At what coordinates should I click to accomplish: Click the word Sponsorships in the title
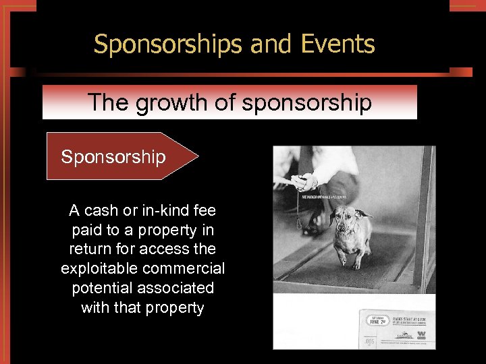tap(168, 44)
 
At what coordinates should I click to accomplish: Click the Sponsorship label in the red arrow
tap(113, 157)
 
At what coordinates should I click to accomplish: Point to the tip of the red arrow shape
tap(198, 156)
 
